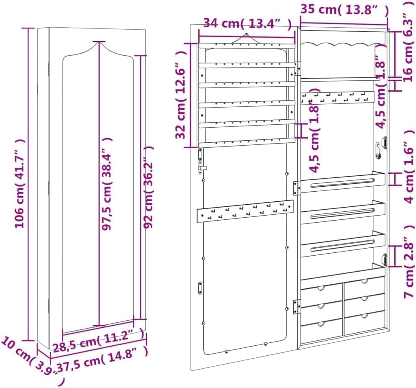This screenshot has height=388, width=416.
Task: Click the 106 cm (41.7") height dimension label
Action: pyautogui.click(x=20, y=183)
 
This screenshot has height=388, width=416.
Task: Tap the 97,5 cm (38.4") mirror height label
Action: pyautogui.click(x=107, y=184)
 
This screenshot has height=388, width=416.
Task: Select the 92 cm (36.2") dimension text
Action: pyautogui.click(x=148, y=187)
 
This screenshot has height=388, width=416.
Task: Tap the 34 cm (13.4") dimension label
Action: pyautogui.click(x=247, y=23)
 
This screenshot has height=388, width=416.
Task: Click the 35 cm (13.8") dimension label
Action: pyautogui.click(x=344, y=10)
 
